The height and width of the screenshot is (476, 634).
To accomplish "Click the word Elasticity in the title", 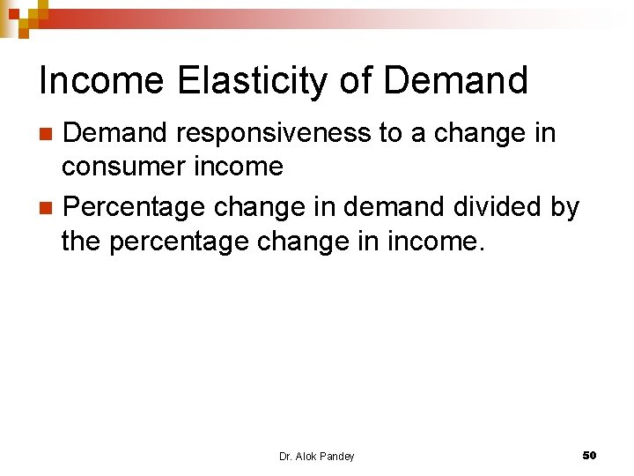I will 254,81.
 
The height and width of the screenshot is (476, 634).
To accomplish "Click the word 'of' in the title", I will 354,81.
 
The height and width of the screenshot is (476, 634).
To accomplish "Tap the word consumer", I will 122,166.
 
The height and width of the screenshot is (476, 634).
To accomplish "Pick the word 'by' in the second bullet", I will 564,207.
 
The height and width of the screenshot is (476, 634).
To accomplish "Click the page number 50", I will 589,455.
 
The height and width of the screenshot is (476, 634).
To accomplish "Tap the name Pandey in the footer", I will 337,456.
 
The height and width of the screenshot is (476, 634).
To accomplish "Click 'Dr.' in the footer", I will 285,456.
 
